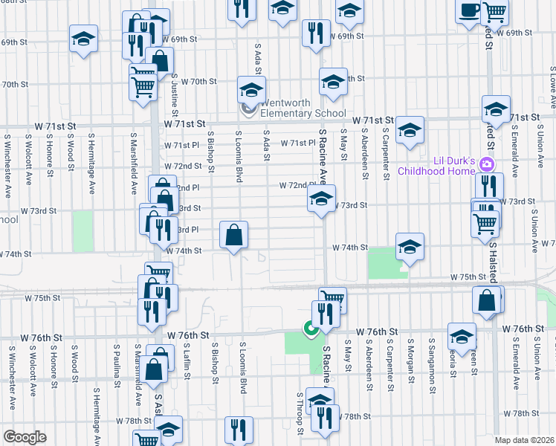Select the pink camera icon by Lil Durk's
point(487,164)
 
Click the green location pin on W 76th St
point(309,327)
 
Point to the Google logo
point(25,437)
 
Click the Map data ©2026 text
point(525,440)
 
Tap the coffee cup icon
point(468,11)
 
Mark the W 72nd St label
point(183,166)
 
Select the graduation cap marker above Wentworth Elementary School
point(251,90)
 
